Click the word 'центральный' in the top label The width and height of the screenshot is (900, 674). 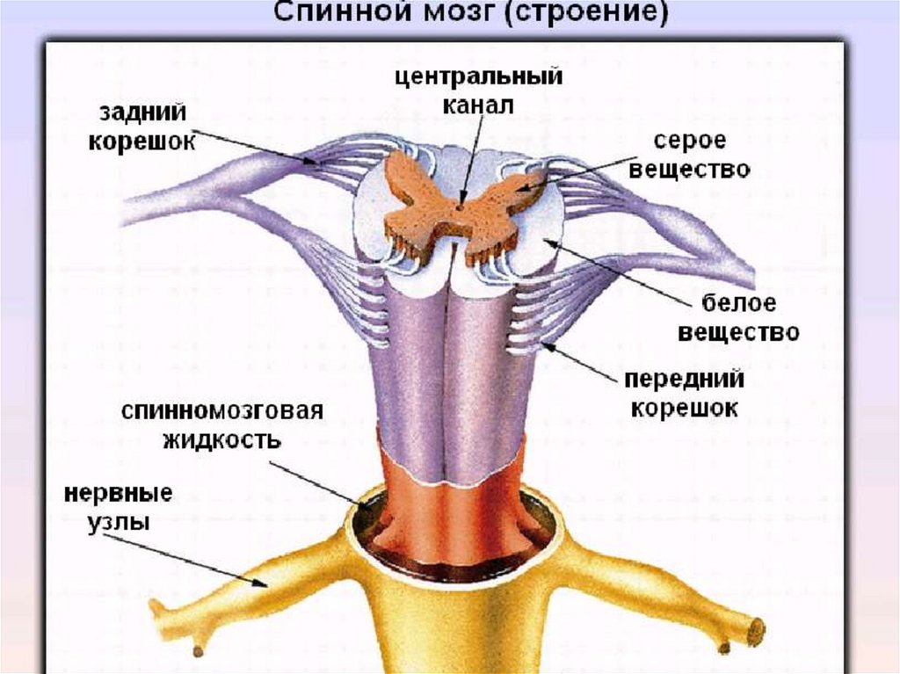(x=478, y=77)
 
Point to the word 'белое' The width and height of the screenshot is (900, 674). (x=739, y=305)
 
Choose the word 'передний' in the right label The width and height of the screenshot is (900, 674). (x=684, y=380)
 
